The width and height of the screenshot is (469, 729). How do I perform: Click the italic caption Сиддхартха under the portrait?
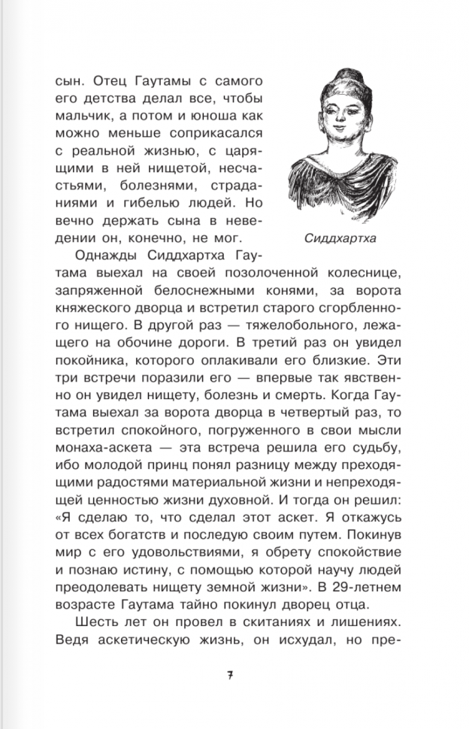340,240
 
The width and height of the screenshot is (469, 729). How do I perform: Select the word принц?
195,466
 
